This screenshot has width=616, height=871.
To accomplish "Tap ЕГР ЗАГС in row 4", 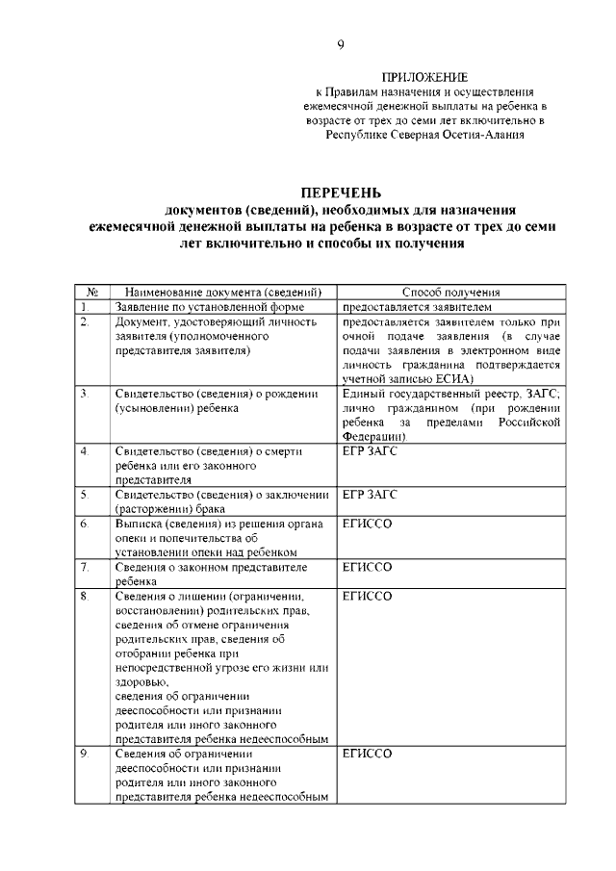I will point(370,450).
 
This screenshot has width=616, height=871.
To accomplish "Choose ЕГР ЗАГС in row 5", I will point(370,494).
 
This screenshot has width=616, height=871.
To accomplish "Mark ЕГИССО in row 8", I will point(368,597).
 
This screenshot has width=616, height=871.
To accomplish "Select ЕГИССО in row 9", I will point(368,755).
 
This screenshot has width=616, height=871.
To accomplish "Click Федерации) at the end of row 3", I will point(374,436).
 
